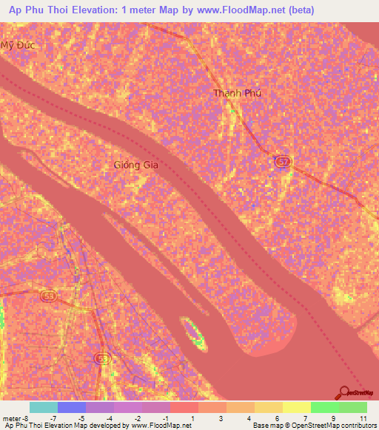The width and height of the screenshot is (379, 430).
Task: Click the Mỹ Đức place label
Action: click(x=18, y=44)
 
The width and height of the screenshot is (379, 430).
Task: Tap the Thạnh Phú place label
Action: click(x=237, y=93)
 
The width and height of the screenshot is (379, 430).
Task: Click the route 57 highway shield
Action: click(x=281, y=161)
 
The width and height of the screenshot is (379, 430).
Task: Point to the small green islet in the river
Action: click(x=194, y=333)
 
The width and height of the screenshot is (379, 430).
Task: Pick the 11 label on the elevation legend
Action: click(x=363, y=417)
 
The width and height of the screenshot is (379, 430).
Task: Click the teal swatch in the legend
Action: click(x=44, y=407)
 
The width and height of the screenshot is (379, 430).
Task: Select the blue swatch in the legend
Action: click(x=72, y=407)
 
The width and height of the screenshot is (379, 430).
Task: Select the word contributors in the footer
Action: click(x=352, y=426)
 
